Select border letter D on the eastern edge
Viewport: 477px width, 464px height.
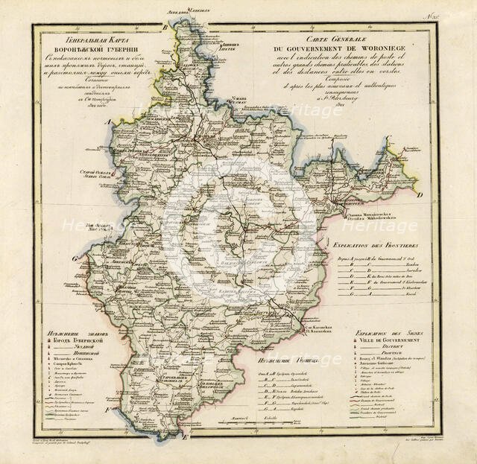point(420,195)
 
